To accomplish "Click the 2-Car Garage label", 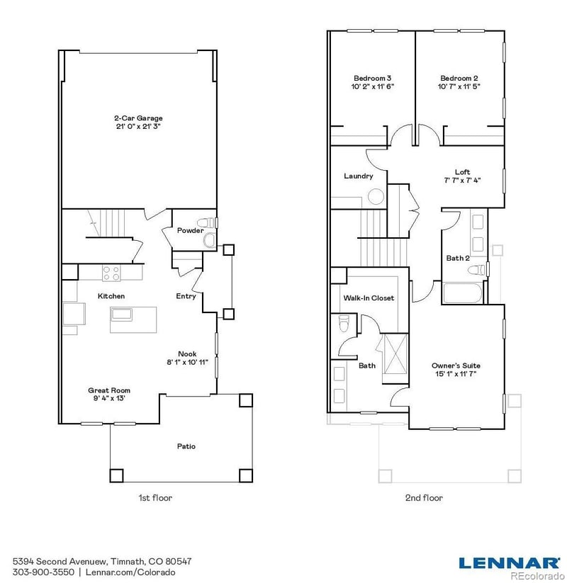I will click(138, 118).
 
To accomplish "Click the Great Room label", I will click(109, 390).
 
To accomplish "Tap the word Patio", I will click(186, 446).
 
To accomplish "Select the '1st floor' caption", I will click(155, 498).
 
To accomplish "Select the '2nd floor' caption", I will click(424, 498).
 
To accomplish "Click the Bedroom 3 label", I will click(373, 78).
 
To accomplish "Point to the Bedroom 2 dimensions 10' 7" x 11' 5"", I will click(459, 86).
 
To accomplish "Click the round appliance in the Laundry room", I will click(376, 197).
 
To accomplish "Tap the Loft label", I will click(462, 172).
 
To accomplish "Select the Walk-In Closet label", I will click(369, 298).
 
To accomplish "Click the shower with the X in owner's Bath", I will click(393, 353).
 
